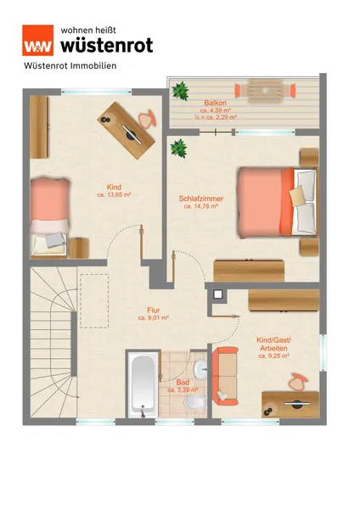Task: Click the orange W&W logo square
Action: click(x=37, y=40)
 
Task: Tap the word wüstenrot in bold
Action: click(x=107, y=45)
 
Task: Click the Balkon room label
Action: click(x=216, y=103)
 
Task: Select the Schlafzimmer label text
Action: click(x=200, y=199)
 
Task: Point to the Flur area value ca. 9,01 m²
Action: click(x=154, y=318)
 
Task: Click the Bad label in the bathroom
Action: click(x=183, y=383)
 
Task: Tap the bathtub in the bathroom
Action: click(x=141, y=384)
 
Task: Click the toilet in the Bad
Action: click(x=195, y=403)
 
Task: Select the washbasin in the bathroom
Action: click(x=200, y=369)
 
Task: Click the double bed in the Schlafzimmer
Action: click(x=277, y=202)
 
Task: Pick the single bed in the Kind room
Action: click(x=50, y=216)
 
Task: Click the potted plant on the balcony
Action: click(x=180, y=91)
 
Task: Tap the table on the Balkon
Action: click(x=265, y=91)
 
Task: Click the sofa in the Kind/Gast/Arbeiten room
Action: click(x=225, y=376)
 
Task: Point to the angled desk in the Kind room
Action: click(x=126, y=131)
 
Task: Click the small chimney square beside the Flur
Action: click(x=217, y=294)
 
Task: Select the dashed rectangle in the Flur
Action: click(x=94, y=301)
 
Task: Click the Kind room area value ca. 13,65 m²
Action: click(x=114, y=195)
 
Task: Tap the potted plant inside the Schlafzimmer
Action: click(x=178, y=148)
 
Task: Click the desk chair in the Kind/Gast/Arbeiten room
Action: click(x=297, y=382)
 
